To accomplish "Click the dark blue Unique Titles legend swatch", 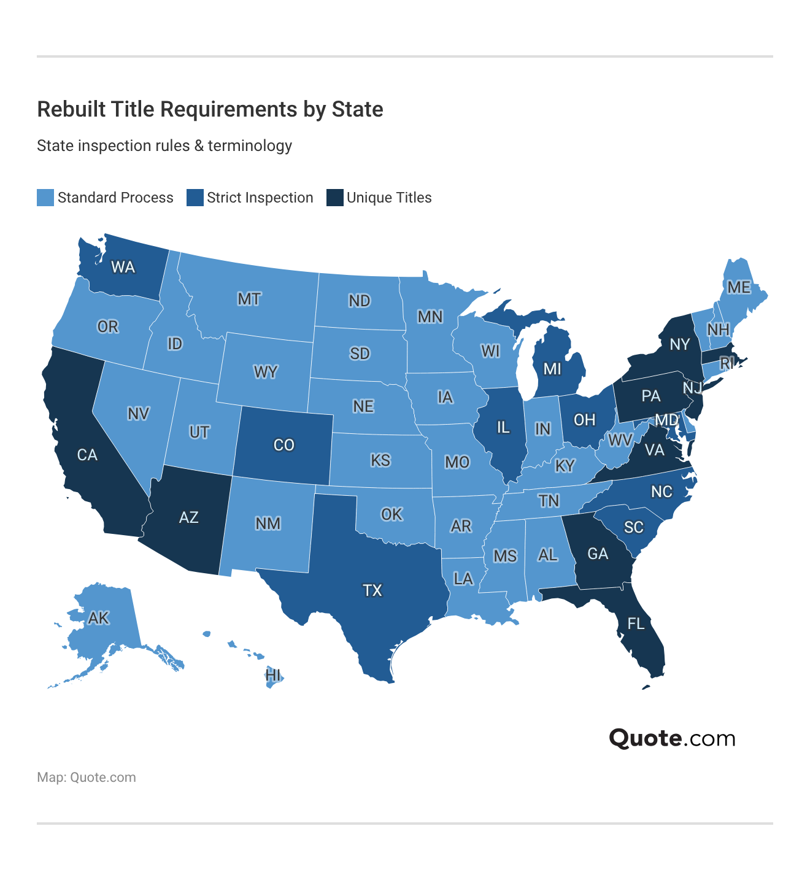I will point(334,198).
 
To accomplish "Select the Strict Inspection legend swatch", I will point(195,198).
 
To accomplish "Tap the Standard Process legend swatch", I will point(45,198).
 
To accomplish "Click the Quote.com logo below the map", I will point(672,738).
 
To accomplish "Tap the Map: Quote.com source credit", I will point(87,778).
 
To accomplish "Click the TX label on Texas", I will point(372,590).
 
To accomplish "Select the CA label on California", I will point(87,455).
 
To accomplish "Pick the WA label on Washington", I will point(123,267).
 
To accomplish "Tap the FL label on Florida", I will point(636,624).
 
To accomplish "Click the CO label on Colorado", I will point(284,445).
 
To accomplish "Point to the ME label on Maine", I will point(739,287).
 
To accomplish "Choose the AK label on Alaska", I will point(98,618).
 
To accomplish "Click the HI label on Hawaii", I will point(273,676).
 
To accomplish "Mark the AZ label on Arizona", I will point(189,517).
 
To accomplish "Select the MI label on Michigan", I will point(552,369).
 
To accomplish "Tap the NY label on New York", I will point(680,344).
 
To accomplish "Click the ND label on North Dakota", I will point(360,301).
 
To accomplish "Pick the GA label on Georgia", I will point(598,554).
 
